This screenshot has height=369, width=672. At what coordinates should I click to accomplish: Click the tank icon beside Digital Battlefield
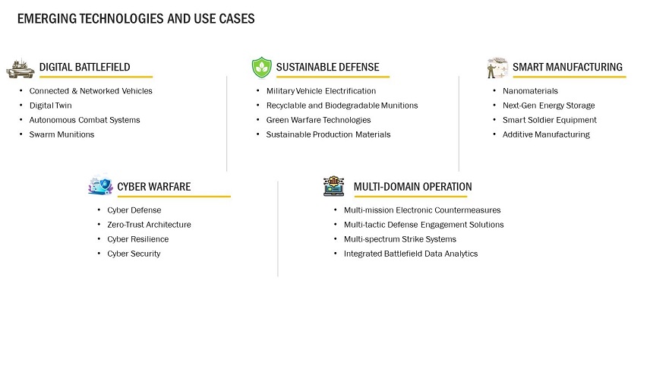click(21, 68)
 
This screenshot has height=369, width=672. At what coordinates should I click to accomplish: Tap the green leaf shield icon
click(261, 68)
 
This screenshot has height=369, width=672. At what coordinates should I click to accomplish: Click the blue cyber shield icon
click(100, 184)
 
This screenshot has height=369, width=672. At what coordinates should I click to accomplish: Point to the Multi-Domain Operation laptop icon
click(333, 186)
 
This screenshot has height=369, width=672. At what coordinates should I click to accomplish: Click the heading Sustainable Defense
click(327, 68)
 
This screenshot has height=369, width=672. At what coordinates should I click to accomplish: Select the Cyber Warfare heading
click(154, 187)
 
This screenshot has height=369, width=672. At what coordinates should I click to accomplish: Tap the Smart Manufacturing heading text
click(567, 68)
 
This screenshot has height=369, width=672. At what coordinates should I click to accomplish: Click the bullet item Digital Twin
click(51, 106)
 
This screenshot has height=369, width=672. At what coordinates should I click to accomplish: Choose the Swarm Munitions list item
click(62, 134)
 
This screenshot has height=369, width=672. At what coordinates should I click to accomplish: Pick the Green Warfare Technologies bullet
click(318, 120)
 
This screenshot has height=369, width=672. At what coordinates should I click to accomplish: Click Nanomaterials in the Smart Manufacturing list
click(530, 91)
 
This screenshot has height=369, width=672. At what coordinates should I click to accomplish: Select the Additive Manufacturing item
click(546, 134)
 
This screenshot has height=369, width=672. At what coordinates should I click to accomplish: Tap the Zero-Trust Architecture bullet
click(149, 225)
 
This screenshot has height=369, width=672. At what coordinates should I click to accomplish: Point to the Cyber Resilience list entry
click(138, 239)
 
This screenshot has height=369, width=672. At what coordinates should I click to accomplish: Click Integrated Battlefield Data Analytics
click(411, 254)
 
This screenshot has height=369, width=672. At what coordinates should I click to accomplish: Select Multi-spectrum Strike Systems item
click(400, 239)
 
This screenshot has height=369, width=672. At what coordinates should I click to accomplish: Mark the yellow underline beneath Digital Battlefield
click(96, 77)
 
